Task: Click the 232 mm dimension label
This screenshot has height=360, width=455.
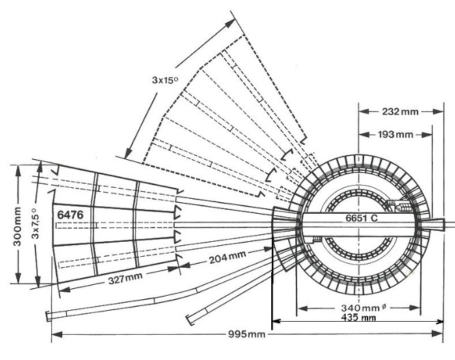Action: (400, 111)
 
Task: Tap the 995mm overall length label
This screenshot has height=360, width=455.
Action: (247, 334)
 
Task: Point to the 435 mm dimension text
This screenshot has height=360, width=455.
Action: (359, 318)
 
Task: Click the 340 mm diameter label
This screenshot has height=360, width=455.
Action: (363, 307)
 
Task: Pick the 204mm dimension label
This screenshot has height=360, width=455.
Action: (227, 258)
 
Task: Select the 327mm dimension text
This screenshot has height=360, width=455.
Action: (125, 279)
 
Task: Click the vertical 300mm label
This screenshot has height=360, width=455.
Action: (17, 226)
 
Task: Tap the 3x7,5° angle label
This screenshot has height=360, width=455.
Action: (35, 223)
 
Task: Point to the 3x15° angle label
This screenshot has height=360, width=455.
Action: (165, 79)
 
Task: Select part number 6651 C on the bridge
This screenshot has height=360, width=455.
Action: (361, 218)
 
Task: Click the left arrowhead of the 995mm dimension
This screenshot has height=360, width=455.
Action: (57, 335)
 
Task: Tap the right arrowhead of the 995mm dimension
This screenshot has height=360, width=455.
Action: (438, 334)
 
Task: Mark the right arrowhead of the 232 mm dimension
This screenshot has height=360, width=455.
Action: (438, 111)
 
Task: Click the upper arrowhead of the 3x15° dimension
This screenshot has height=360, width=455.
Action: (230, 23)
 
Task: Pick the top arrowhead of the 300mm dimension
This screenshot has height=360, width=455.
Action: (18, 171)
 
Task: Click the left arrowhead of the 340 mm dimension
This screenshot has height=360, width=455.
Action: (303, 308)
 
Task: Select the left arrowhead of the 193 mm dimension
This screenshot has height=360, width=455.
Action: (364, 135)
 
